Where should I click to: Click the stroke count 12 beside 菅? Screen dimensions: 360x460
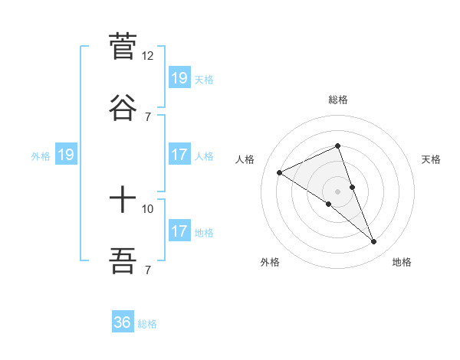coord(148,56)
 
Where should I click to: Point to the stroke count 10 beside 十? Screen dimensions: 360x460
coord(148,209)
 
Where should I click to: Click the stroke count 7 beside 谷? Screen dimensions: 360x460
coord(148,116)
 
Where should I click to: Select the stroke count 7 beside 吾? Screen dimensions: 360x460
coord(148,270)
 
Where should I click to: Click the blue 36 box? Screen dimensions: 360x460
coord(123,322)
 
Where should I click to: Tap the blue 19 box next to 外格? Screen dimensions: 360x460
coord(66,155)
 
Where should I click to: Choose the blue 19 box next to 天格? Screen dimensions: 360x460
coord(179,78)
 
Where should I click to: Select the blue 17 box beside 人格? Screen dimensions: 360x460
coord(179,155)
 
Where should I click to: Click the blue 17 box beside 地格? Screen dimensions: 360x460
coord(179,231)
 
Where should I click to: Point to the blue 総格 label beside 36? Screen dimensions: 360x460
coord(147,324)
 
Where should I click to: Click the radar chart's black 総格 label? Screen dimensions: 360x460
coord(338,100)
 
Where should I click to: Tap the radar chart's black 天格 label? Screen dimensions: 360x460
coord(432,159)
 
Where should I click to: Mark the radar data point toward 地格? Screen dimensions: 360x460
coord(374,242)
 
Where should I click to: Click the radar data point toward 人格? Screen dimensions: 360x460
coord(280,172)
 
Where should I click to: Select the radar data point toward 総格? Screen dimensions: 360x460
coord(338,146)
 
